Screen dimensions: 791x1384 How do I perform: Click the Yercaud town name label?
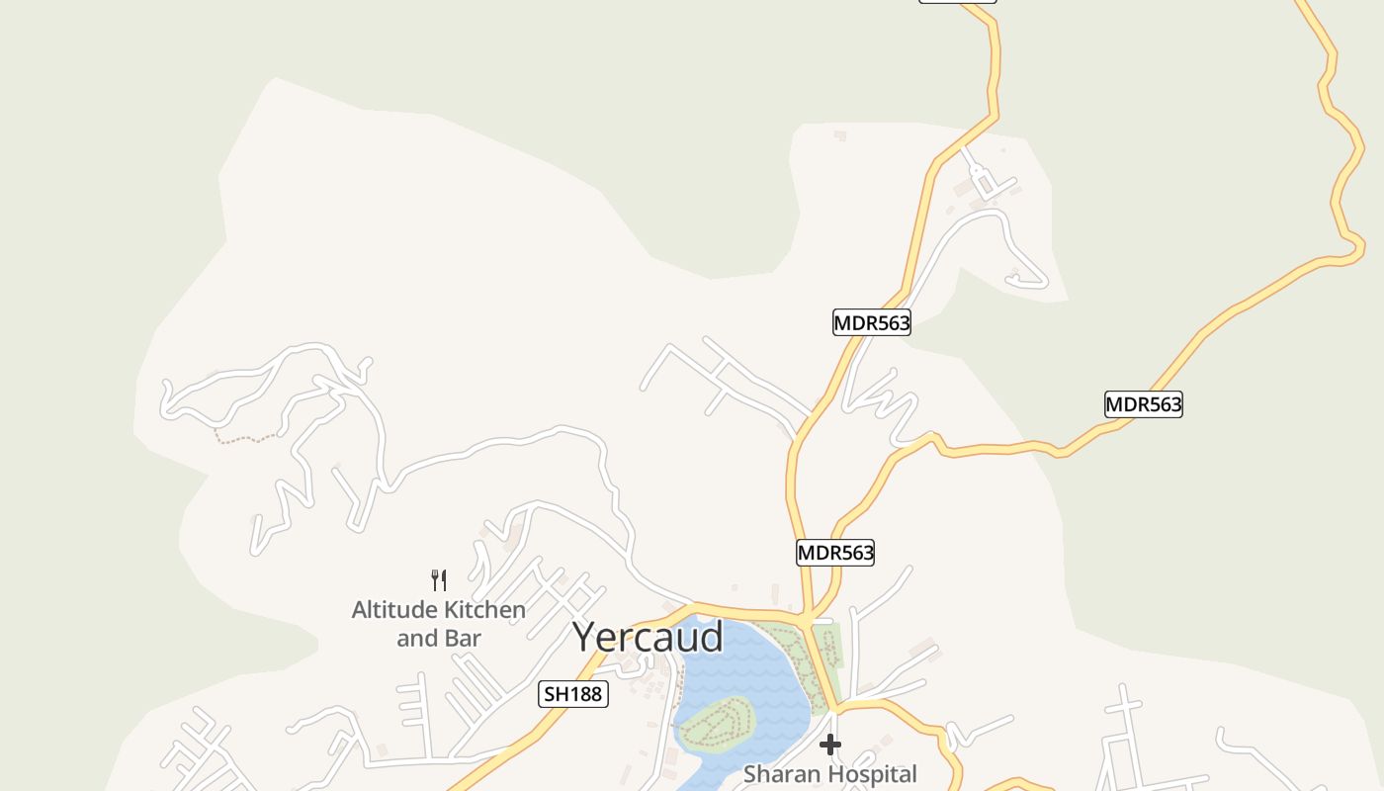649,638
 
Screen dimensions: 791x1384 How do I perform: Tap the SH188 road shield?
573,694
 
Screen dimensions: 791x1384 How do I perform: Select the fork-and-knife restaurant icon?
439,579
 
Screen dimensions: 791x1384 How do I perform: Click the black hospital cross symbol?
830,745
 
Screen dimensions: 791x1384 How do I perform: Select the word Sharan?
780,774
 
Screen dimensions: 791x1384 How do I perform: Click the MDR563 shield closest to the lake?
835,553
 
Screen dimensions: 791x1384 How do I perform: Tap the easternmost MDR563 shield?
1143,404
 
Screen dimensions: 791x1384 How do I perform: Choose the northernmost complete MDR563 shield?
871,322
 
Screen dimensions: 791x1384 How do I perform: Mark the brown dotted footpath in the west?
247,438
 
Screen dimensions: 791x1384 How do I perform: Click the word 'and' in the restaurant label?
416,639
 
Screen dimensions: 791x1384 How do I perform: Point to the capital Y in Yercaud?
586,638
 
